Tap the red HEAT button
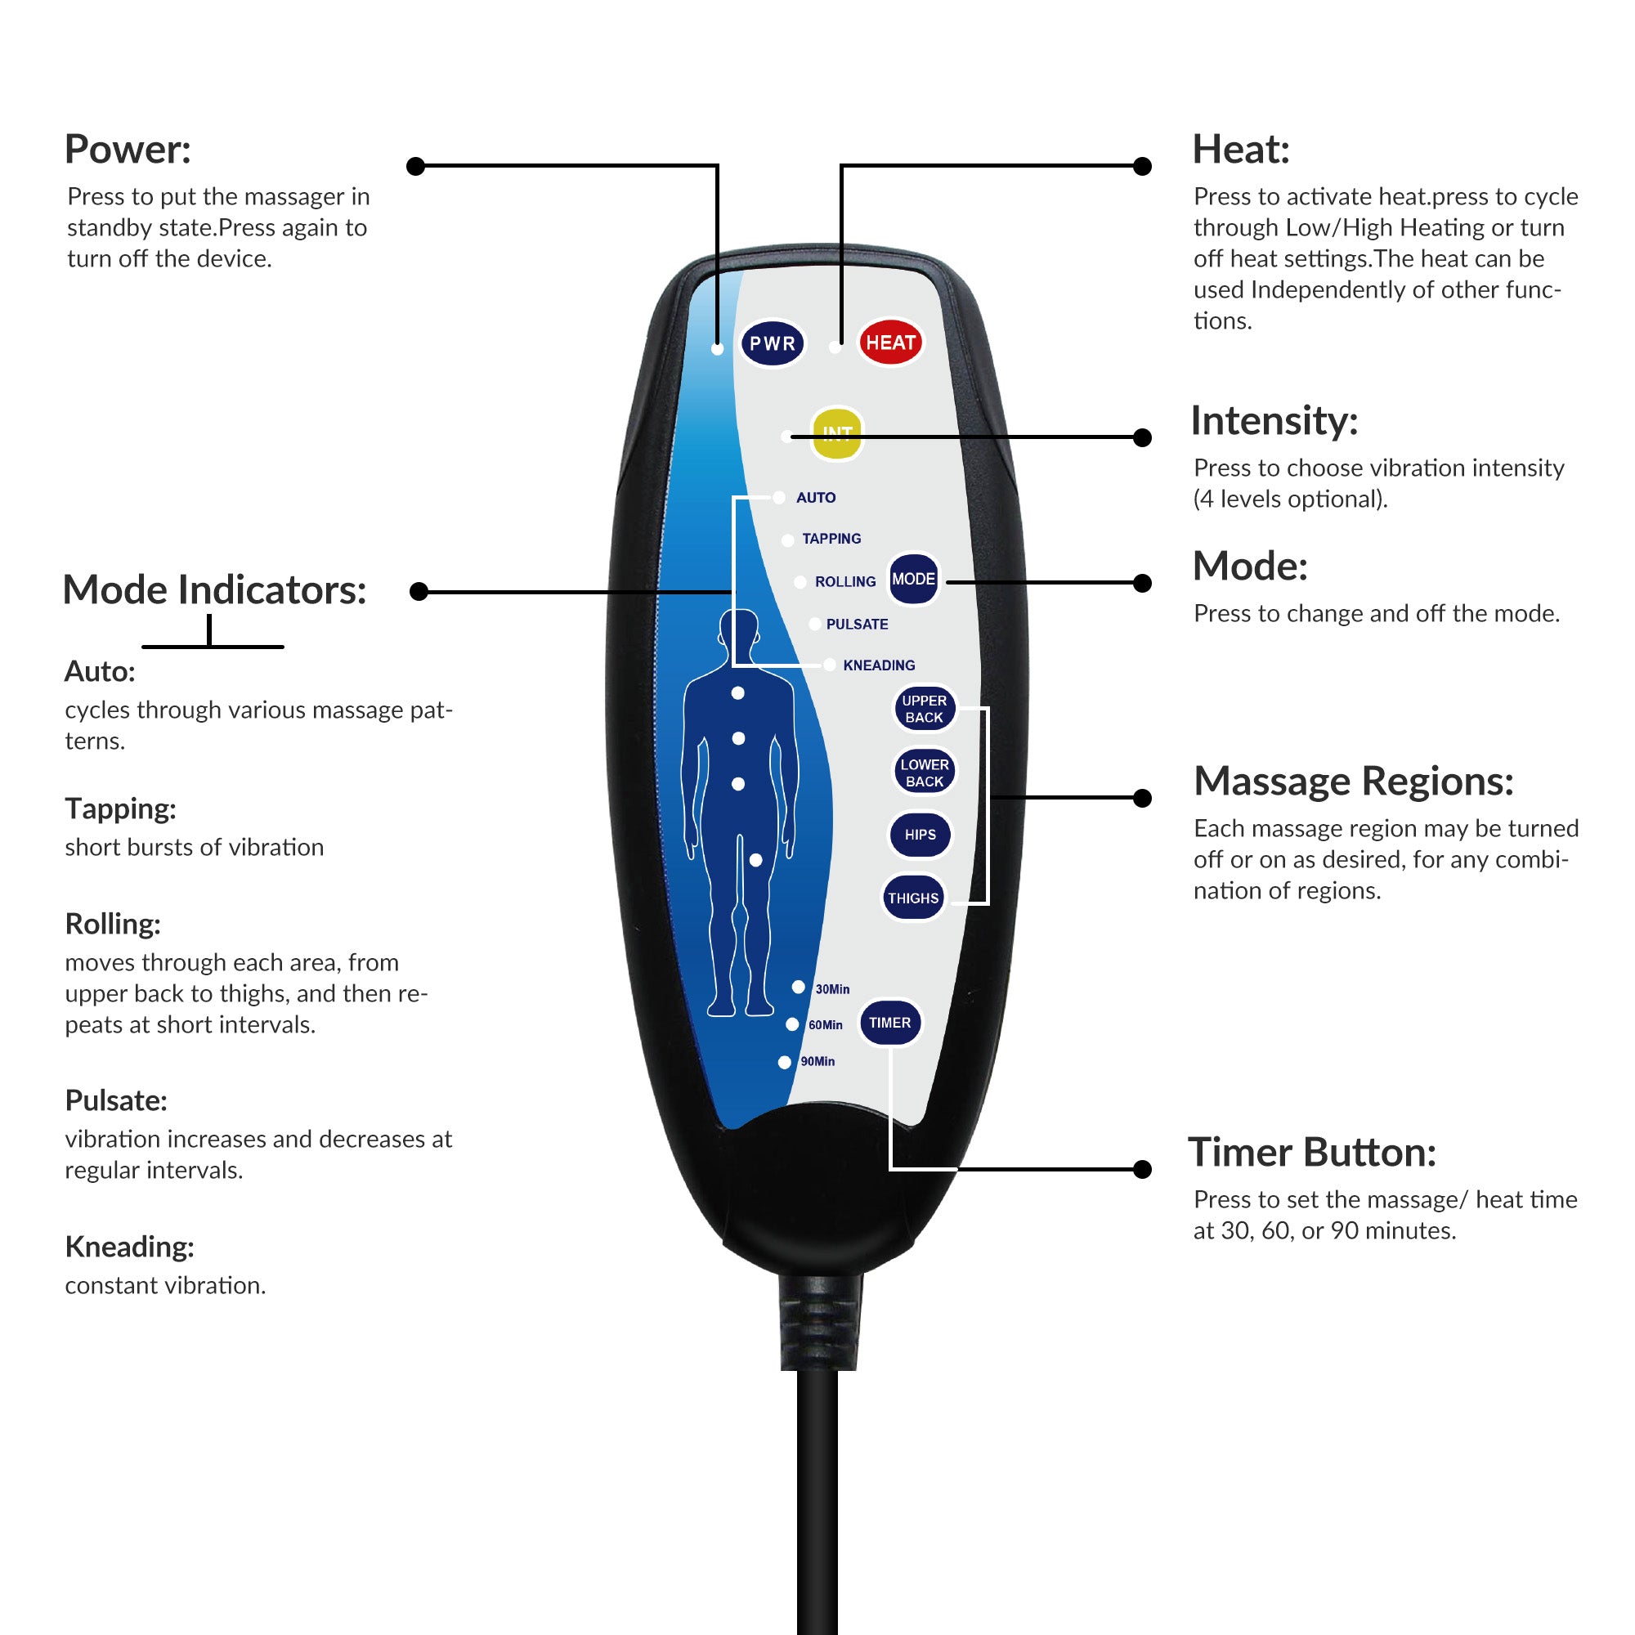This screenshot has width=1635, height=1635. [x=890, y=343]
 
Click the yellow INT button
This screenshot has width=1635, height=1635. [x=836, y=433]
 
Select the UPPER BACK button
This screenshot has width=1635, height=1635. [x=924, y=708]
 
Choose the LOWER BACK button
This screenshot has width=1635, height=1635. [x=924, y=773]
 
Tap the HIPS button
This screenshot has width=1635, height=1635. [x=920, y=835]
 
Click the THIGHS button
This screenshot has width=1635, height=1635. [x=913, y=898]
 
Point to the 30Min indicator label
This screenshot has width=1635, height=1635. [x=832, y=989]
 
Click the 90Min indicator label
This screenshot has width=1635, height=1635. [x=817, y=1061]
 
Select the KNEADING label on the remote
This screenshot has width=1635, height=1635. [x=879, y=665]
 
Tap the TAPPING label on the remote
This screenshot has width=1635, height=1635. [x=831, y=538]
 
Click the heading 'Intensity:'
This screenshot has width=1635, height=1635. [x=1274, y=420]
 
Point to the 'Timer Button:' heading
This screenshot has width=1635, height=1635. [x=1312, y=1152]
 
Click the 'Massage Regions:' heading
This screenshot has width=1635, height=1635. [x=1353, y=780]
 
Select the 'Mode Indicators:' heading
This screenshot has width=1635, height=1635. [x=214, y=590]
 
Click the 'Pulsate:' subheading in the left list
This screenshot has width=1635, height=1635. [x=116, y=1100]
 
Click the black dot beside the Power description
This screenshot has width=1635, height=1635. [x=415, y=166]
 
